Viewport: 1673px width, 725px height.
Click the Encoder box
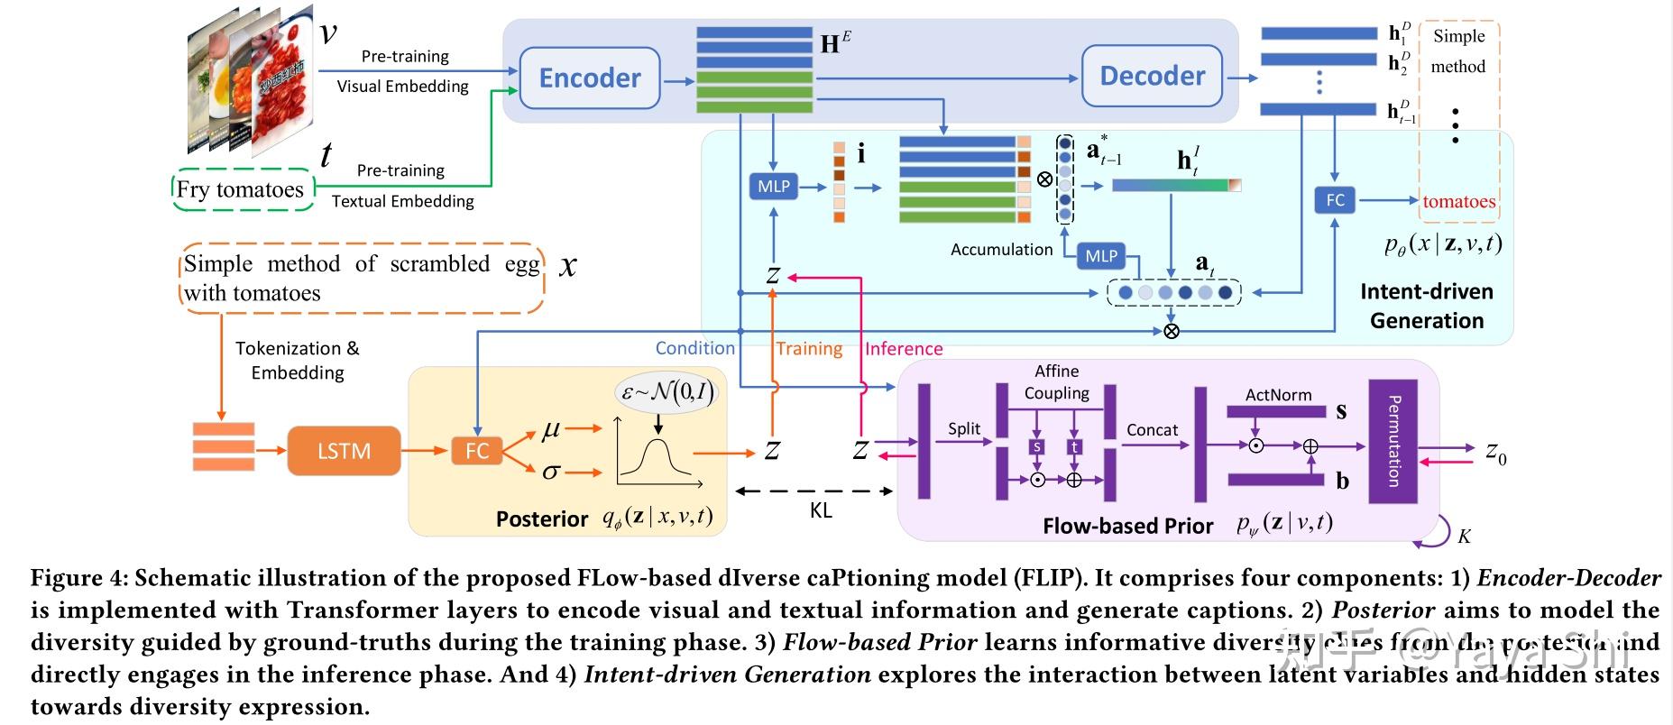(590, 78)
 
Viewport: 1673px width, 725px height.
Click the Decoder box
(1152, 77)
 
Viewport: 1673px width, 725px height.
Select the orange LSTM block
(344, 451)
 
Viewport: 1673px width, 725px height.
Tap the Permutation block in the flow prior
(1393, 441)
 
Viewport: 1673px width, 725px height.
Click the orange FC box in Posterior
(476, 451)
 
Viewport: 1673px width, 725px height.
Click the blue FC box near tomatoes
(1335, 200)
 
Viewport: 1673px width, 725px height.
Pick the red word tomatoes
(1458, 202)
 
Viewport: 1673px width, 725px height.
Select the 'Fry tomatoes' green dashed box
(242, 190)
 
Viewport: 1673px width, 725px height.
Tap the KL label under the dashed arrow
(820, 511)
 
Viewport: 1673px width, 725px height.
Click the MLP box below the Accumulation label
(1100, 256)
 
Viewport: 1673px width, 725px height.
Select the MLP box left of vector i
(773, 187)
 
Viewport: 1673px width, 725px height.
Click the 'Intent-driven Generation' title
(1426, 306)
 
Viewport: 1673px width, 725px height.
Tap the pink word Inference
(903, 349)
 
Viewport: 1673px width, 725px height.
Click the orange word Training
(809, 349)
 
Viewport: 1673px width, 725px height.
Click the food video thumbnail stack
(248, 81)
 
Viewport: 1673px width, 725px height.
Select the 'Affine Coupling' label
(1056, 382)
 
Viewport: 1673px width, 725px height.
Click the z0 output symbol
(1495, 451)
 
